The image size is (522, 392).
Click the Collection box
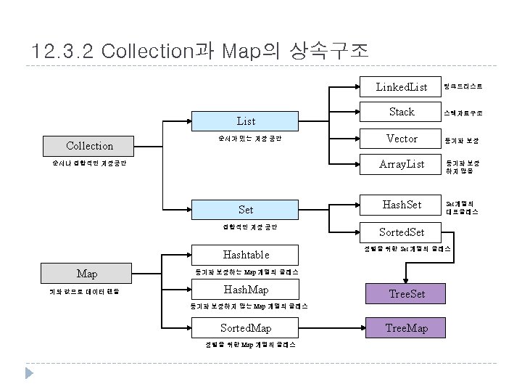click(89, 146)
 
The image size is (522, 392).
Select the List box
click(246, 121)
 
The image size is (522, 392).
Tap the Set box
click(246, 210)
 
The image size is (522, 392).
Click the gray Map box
click(87, 274)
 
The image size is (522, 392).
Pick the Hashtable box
click(246, 255)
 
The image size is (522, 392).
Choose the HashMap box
click(246, 290)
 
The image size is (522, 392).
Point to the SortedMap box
click(246, 328)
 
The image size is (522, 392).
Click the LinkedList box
click(402, 87)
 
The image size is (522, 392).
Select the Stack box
click(402, 112)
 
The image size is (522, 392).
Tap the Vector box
click(402, 138)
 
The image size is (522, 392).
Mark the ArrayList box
click(402, 164)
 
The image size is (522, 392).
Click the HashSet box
click(402, 205)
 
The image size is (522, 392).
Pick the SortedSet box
click(402, 232)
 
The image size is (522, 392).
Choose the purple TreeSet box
click(407, 294)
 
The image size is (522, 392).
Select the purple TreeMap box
click(407, 328)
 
